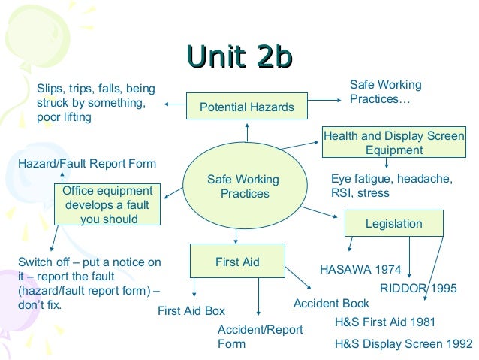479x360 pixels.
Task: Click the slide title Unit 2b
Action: pyautogui.click(x=239, y=57)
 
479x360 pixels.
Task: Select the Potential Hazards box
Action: pyautogui.click(x=246, y=107)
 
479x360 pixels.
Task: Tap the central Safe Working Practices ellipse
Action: pyautogui.click(x=243, y=187)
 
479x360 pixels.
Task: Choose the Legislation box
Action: pyautogui.click(x=393, y=224)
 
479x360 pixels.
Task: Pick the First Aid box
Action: pyautogui.click(x=237, y=262)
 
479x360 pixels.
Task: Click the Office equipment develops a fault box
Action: pyautogui.click(x=107, y=205)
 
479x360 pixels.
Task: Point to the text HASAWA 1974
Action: pyautogui.click(x=360, y=269)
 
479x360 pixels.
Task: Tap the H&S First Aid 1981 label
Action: pyautogui.click(x=384, y=322)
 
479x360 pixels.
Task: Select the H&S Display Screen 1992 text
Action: pyautogui.click(x=403, y=346)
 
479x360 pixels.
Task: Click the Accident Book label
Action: pyautogui.click(x=331, y=304)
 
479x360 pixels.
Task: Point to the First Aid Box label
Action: pyautogui.click(x=191, y=311)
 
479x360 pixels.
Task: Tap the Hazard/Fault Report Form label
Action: pyautogui.click(x=86, y=163)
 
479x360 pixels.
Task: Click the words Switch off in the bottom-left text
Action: pyautogui.click(x=47, y=262)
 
